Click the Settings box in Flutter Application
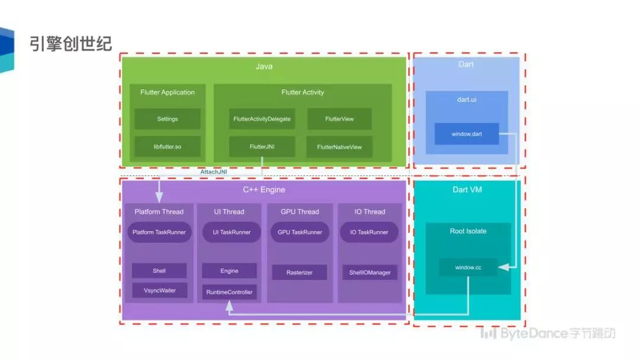(x=167, y=119)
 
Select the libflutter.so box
(x=167, y=146)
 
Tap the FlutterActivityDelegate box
(x=262, y=119)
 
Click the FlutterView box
(x=340, y=119)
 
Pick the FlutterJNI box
(x=262, y=146)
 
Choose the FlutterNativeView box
(x=340, y=147)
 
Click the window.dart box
(x=467, y=134)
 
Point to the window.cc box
(x=468, y=268)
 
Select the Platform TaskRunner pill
(x=159, y=232)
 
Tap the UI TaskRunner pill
(x=231, y=232)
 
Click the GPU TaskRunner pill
(x=300, y=232)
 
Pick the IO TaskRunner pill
(x=369, y=232)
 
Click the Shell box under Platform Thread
(x=159, y=271)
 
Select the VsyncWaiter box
(x=159, y=291)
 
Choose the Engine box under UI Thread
(x=230, y=271)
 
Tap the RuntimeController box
(x=230, y=292)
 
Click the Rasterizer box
(x=299, y=272)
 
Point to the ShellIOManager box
(x=370, y=272)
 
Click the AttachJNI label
(x=214, y=172)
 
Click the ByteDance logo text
(x=548, y=333)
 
